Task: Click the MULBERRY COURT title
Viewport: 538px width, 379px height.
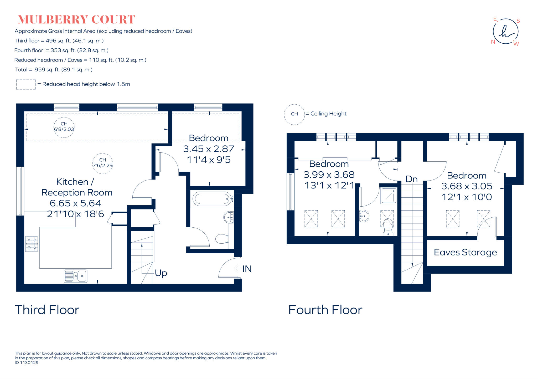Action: tap(76, 20)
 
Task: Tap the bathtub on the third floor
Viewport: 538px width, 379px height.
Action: tap(212, 199)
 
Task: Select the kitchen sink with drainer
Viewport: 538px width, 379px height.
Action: tap(76, 276)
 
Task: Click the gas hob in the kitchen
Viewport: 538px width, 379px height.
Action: tap(32, 244)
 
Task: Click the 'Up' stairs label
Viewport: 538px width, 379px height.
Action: tap(161, 273)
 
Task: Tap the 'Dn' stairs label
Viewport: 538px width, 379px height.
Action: tap(411, 179)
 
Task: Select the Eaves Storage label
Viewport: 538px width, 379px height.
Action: tap(465, 252)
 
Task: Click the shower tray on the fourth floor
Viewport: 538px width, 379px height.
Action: tap(389, 196)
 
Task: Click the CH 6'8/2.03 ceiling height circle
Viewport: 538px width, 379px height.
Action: tap(64, 127)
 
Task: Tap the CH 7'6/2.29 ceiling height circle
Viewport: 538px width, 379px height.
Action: tap(103, 163)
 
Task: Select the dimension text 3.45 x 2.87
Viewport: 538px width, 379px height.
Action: tap(209, 149)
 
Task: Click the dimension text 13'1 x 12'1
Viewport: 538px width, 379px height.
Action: tap(329, 186)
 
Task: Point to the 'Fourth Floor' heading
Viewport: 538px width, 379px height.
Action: tap(325, 310)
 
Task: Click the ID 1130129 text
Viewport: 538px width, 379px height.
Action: tap(27, 363)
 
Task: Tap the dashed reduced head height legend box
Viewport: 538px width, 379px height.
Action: tap(26, 84)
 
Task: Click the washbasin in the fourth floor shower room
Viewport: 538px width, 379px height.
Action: tap(364, 216)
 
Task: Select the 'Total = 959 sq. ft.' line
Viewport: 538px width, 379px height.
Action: tap(54, 70)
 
